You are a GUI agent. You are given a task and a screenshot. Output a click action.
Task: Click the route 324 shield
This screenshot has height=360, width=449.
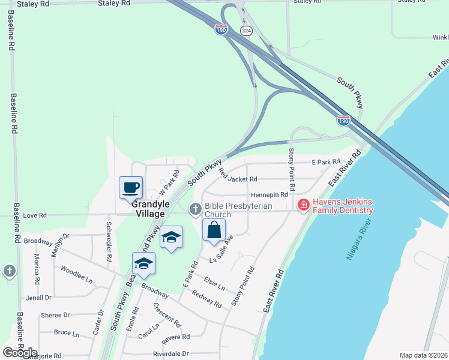246,30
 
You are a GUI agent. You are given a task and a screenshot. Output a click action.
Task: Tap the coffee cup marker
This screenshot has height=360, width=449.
130,187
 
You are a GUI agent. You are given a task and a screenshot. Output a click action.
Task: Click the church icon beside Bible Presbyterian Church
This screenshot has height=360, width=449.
195,209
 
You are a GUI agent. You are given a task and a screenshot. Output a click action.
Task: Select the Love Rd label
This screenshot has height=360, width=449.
34,215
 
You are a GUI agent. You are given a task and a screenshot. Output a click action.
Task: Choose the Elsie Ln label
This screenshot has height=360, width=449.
214,283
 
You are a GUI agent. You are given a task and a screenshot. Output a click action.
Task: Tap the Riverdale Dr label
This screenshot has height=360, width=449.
171,354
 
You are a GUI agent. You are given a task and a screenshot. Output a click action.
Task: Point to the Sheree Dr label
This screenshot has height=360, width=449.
55,315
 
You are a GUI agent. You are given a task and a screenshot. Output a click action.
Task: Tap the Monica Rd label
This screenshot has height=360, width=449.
37,269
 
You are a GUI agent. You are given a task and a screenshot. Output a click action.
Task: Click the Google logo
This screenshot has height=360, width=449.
20,352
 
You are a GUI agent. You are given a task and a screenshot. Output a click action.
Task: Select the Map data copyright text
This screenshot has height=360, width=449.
423,355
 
